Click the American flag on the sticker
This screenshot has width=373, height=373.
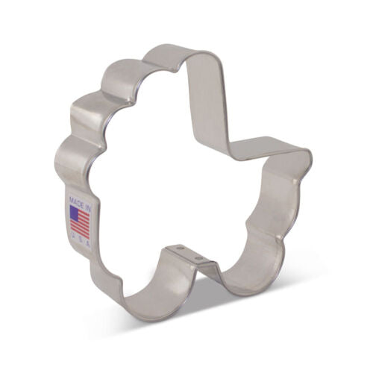[x=80, y=222]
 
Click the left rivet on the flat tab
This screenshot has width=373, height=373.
[x=179, y=247]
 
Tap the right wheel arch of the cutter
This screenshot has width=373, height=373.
[x=246, y=276]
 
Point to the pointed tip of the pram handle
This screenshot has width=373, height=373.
[x=308, y=155]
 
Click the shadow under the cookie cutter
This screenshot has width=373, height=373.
[x=224, y=313]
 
